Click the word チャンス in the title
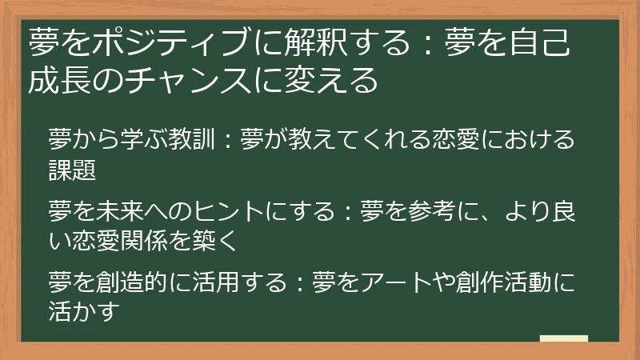click(192, 81)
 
